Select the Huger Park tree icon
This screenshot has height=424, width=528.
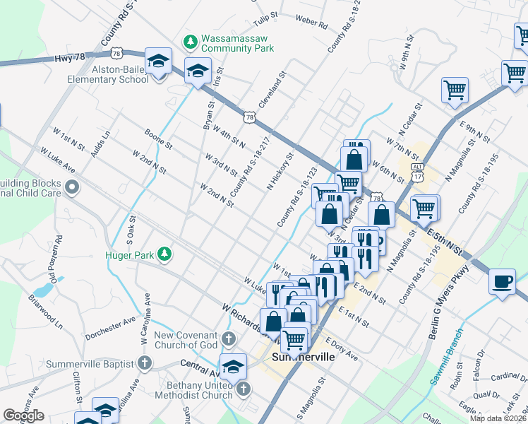click(x=164, y=253)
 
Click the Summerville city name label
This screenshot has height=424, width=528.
click(x=303, y=358)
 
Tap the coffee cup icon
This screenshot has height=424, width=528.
click(x=502, y=281)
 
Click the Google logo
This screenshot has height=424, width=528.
click(x=23, y=416)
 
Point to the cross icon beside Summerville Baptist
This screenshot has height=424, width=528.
click(x=145, y=364)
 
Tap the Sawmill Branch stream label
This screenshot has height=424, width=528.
click(x=446, y=357)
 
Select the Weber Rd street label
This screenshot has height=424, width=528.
click(x=312, y=21)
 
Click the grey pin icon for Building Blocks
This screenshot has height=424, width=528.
click(x=72, y=187)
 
